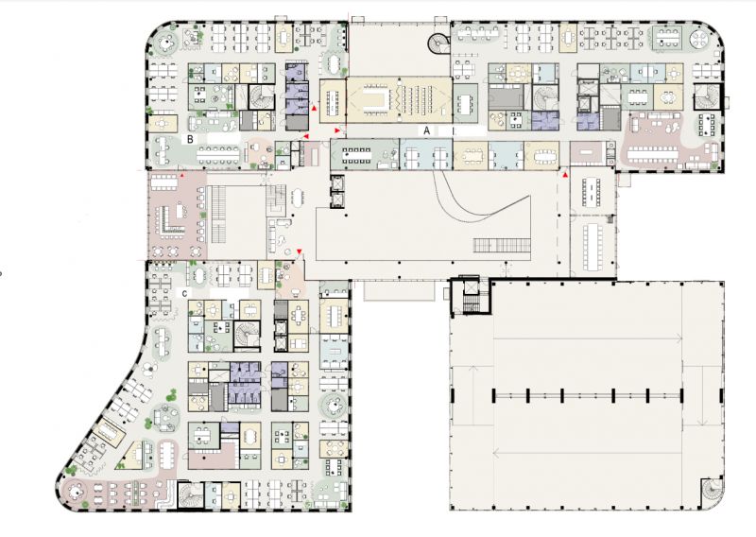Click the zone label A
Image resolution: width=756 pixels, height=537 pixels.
426,130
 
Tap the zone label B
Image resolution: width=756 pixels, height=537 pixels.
191,139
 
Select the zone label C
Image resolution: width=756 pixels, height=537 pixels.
184,293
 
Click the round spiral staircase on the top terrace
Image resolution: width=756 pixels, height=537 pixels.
438,43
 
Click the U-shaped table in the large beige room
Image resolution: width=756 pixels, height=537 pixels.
376,99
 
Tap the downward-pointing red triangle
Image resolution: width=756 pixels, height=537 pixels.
300,251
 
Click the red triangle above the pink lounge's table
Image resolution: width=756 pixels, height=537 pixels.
182,176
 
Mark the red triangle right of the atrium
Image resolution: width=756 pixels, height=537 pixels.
565,175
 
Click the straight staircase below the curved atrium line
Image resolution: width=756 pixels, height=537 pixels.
502,245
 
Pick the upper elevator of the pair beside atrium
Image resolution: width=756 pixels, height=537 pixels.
337,182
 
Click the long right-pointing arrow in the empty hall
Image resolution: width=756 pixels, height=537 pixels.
588,338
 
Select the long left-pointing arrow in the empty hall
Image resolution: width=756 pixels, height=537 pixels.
588,454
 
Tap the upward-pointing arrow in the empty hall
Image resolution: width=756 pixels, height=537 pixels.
472,395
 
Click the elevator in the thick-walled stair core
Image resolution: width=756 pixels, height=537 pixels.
469,287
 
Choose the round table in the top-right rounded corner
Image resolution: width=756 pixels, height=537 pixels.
698,39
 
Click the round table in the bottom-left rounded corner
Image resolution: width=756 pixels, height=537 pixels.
75,493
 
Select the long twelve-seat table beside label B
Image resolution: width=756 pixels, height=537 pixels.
218,154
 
